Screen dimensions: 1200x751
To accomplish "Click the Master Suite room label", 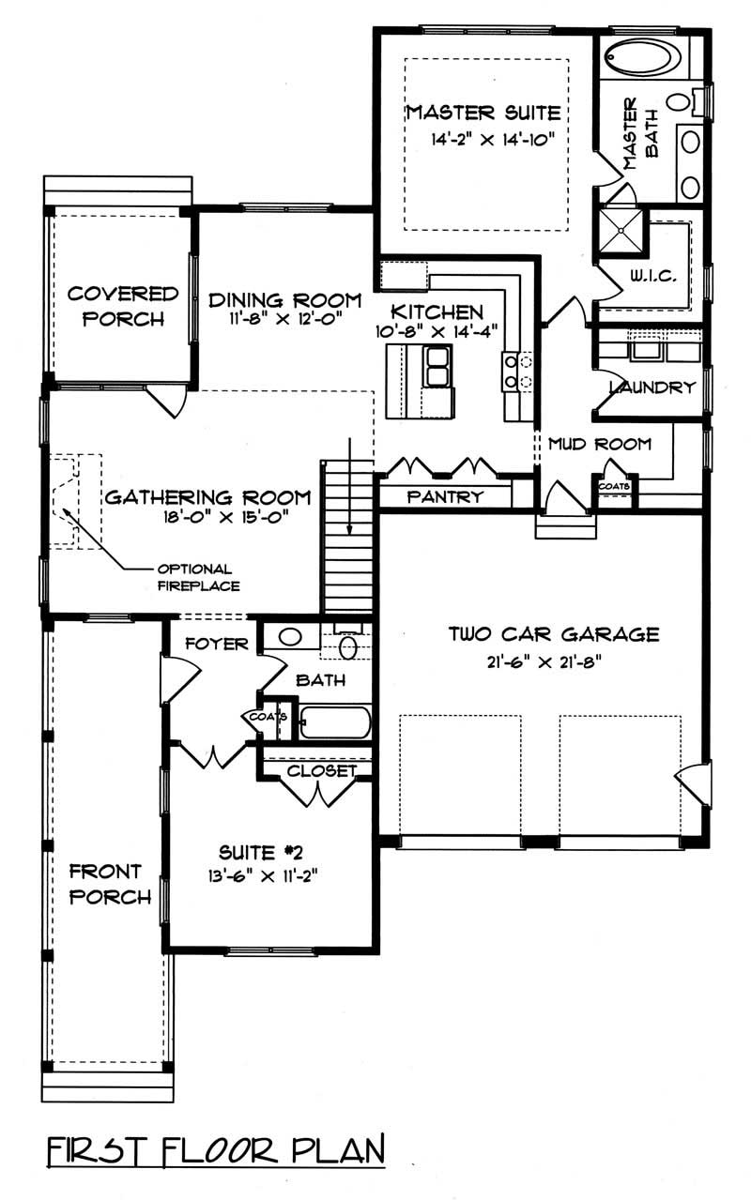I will coord(483,114).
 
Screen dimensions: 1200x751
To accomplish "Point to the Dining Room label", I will coord(284,300).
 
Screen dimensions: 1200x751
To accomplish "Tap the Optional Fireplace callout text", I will coord(198,577).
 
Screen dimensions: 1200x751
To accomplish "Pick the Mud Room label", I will coord(599,444).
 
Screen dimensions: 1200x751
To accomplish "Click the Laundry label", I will coord(651,387).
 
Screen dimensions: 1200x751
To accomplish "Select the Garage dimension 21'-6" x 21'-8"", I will coord(538,660).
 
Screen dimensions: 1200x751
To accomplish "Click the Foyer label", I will coord(217,644).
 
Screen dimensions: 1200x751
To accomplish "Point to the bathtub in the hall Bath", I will coord(335,722).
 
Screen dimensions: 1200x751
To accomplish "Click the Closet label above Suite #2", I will coord(321,771).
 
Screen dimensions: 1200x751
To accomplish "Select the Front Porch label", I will coord(110,884).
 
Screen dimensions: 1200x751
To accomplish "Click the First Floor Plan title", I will coord(216,1150).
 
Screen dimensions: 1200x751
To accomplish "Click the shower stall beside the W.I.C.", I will coord(621,231).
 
